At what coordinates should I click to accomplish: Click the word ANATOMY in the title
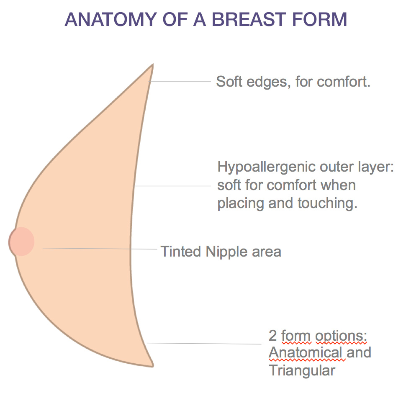pos(111,19)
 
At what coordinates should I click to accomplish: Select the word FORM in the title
pos(319,19)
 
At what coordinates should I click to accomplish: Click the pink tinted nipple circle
pos(21,242)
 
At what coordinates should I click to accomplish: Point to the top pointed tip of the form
pos(153,64)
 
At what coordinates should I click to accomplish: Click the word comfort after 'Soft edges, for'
pos(344,82)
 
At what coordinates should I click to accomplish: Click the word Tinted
pos(181,252)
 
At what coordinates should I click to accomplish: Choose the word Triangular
pos(302,370)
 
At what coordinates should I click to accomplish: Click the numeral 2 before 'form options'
pos(272,336)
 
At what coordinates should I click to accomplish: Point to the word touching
pos(327,203)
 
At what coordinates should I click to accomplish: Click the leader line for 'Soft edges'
pos(180,82)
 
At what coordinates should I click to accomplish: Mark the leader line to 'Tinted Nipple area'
pos(100,249)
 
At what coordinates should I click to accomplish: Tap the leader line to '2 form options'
pos(204,344)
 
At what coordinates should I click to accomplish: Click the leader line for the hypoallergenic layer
pos(172,186)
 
